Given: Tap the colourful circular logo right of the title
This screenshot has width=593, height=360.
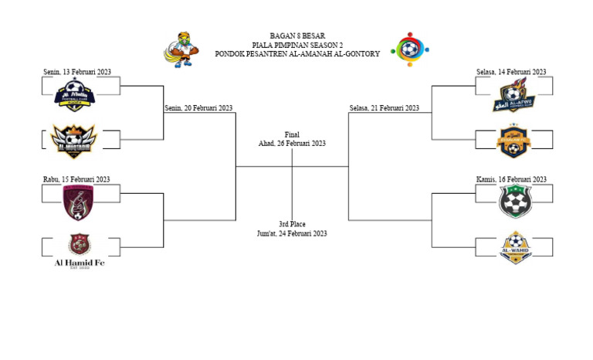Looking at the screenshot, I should coord(409,49).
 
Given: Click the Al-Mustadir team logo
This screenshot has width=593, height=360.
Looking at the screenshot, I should coord(72,140).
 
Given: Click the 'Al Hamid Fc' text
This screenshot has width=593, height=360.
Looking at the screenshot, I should coord(80,263).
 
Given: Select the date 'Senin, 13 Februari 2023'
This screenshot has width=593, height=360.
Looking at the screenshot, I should coord(77,72).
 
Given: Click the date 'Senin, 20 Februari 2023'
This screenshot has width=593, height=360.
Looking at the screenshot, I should coord(199,108).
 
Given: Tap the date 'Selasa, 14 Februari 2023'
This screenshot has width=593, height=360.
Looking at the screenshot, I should coord(511,72).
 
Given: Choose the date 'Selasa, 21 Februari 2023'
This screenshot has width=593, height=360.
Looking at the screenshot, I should coord(385,108).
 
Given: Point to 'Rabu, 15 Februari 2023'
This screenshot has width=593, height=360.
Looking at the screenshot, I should coord(76,179).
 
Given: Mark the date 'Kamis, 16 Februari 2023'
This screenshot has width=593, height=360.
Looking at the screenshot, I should coord(511,179).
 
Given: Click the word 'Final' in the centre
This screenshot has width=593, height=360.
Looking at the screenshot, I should coord(292,134).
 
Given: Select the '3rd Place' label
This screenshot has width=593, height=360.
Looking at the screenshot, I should coord(292,224).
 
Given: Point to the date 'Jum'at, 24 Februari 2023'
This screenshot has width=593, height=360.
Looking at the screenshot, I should coord(292,233).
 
